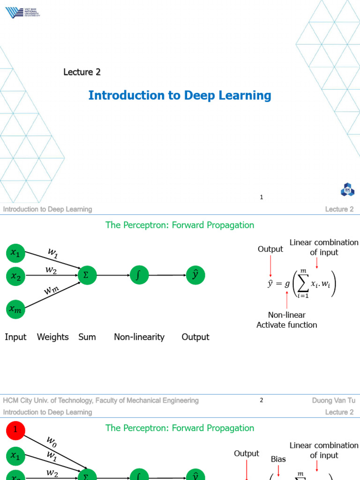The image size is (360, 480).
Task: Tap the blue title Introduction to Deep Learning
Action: (180, 96)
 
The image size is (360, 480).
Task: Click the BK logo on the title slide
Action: (347, 190)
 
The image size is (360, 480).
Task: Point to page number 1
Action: (262, 197)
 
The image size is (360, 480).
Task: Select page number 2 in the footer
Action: (262, 400)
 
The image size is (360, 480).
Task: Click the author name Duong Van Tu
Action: (333, 400)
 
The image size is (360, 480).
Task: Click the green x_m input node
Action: (15, 308)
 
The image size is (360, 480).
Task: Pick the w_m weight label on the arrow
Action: (52, 291)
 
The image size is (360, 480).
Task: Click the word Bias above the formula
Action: (278, 459)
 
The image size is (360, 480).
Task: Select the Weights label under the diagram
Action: (52, 337)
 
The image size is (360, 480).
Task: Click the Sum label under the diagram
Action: (87, 337)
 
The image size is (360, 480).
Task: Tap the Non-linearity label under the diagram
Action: (139, 337)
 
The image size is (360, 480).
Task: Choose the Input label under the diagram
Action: (15, 337)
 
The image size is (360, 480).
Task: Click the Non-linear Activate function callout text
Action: (286, 320)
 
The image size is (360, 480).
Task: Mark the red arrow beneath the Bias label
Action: (278, 471)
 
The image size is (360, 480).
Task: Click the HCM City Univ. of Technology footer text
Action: (101, 400)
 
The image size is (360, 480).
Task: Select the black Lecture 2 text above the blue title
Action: (82, 72)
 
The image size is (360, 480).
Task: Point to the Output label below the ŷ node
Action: (195, 337)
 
